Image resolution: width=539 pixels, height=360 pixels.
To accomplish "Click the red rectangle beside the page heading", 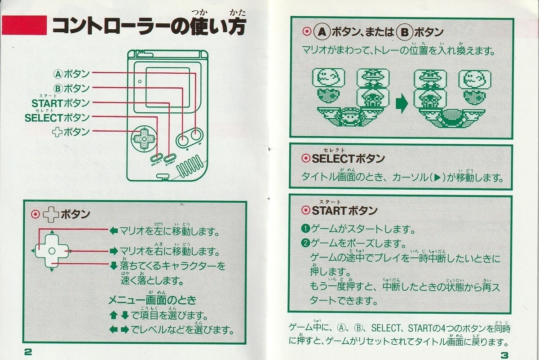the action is [24, 25].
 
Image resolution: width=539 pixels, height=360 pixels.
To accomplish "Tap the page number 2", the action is [28, 352].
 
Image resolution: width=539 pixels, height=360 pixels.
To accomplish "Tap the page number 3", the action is [504, 355].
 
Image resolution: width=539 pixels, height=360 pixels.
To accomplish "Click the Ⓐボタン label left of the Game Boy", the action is [71, 74].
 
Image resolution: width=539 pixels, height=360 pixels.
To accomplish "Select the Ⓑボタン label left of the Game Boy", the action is [71, 89].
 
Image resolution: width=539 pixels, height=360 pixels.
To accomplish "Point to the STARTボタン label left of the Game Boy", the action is [61, 103].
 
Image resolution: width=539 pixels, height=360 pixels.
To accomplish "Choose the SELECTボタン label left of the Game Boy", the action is [57, 118].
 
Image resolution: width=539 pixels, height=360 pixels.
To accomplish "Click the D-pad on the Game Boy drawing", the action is [144, 139].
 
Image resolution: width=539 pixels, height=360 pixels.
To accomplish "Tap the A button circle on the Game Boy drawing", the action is [197, 136].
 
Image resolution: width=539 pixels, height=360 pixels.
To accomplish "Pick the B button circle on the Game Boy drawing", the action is [183, 140].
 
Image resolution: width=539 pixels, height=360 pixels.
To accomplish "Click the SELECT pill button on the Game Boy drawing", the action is [157, 158].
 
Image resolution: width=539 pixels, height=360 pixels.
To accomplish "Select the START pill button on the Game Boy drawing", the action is [170, 158].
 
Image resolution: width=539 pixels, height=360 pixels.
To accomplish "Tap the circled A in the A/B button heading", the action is [322, 32].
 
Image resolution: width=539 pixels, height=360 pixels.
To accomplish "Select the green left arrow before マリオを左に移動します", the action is [114, 231].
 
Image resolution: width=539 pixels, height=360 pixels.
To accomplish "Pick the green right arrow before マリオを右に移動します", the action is [114, 251].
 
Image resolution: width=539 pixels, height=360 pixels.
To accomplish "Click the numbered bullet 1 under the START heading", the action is [305, 228].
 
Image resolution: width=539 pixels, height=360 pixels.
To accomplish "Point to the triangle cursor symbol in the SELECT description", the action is [437, 178].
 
